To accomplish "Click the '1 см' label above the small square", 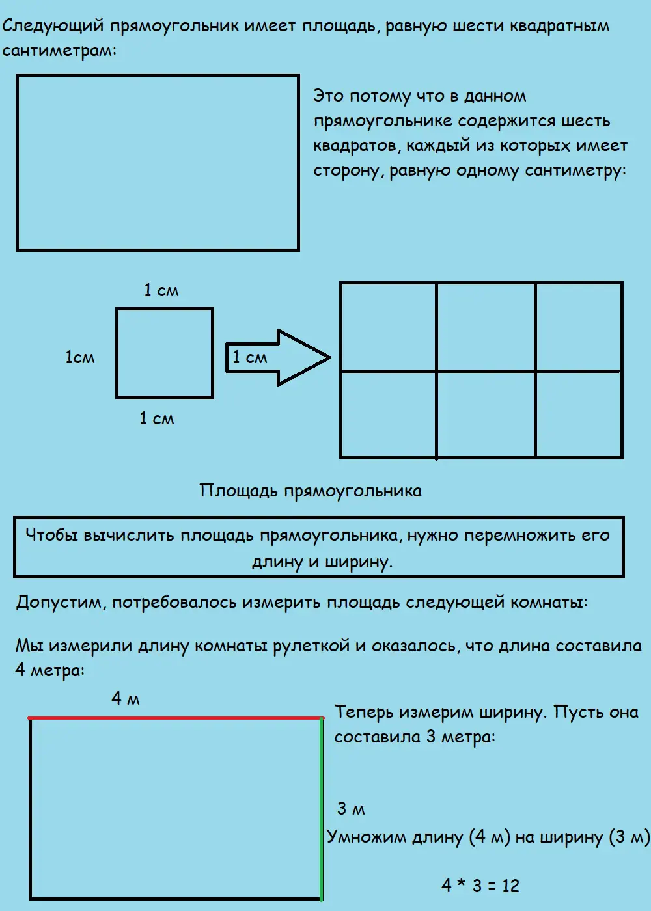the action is point(161,290).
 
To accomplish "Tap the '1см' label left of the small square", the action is point(80,357).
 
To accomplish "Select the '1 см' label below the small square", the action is point(157,418).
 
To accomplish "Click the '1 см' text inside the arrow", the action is point(250,357).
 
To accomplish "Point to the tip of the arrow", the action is point(331,358).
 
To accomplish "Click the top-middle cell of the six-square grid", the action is point(486,327).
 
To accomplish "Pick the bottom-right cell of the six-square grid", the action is point(579,415).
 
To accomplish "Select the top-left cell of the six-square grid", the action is point(388,327).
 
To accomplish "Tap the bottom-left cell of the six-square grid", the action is point(388,415).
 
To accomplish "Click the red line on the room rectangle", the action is point(176,718).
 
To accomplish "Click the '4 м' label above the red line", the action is point(126,698).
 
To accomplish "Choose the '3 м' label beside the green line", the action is point(351,808).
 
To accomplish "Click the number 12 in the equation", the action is point(510,886).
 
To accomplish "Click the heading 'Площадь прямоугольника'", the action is point(311,491).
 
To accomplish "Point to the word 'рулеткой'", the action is point(311,646).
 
